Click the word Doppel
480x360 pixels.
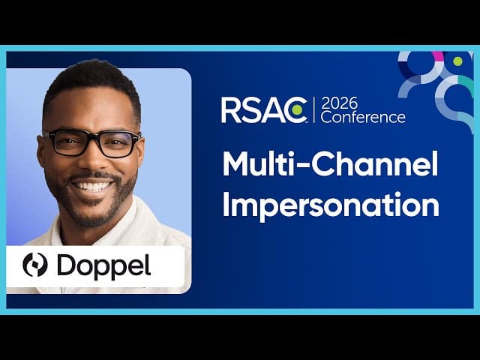[103, 266]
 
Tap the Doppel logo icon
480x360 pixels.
[35, 265]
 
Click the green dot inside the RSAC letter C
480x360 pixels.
[298, 111]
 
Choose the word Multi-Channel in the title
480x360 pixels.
[330, 165]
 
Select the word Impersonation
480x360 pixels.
[330, 205]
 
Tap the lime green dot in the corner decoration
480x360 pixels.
[457, 61]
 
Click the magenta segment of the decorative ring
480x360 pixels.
[438, 55]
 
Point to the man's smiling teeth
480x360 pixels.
[94, 184]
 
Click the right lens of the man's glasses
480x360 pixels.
[118, 143]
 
